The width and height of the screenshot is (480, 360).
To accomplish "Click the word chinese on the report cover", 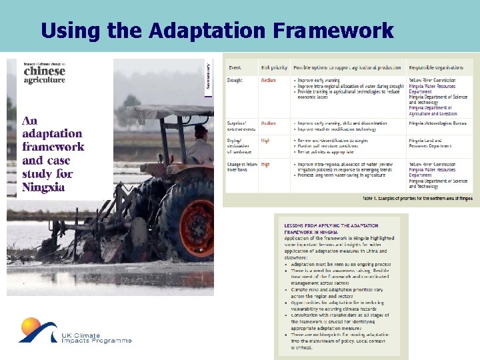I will point(45,71).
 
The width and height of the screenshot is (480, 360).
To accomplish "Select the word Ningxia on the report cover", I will point(45,187).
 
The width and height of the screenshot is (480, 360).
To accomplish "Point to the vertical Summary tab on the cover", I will point(208,76).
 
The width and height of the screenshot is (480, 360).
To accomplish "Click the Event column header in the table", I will point(235,67).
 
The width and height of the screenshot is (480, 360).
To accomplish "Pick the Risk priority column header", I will point(275,67).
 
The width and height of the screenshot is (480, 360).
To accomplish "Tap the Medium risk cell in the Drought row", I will point(268,81).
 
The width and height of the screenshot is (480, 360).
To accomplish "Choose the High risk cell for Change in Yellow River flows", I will point(266,164).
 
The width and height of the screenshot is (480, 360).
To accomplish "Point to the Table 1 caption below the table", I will point(417,199).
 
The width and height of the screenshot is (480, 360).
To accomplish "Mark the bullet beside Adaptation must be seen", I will point(287,265).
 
